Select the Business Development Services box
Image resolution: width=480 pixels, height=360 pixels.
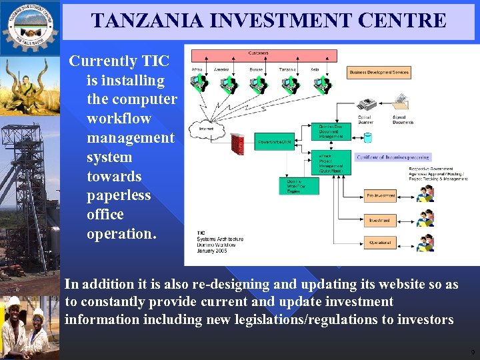[x=379, y=72]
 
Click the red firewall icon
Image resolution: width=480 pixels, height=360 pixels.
[x=237, y=143]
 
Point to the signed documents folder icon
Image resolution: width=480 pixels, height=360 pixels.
[x=401, y=103]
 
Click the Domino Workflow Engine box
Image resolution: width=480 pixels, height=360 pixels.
[x=298, y=186]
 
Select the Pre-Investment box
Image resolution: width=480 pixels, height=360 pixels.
[x=380, y=196]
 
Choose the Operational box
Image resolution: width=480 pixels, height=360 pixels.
[x=380, y=243]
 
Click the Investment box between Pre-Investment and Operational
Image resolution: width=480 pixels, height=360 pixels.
[x=380, y=220]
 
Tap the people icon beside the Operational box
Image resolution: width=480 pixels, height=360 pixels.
[x=425, y=242]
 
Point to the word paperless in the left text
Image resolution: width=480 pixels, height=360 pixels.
[x=119, y=195]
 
